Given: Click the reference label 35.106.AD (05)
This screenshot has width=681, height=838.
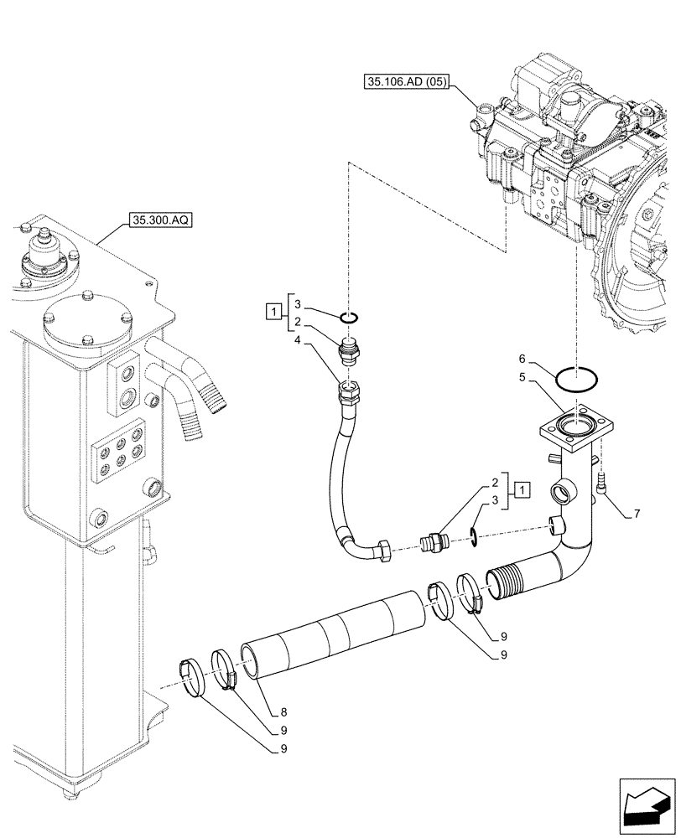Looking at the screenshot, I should point(408,81).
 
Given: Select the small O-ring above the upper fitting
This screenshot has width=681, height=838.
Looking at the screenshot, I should point(351,317).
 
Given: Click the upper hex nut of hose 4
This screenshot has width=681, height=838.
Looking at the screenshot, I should point(347,390).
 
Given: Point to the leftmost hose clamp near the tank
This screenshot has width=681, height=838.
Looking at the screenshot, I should point(193,677).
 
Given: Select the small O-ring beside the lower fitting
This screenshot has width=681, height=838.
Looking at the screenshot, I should point(473,534).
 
